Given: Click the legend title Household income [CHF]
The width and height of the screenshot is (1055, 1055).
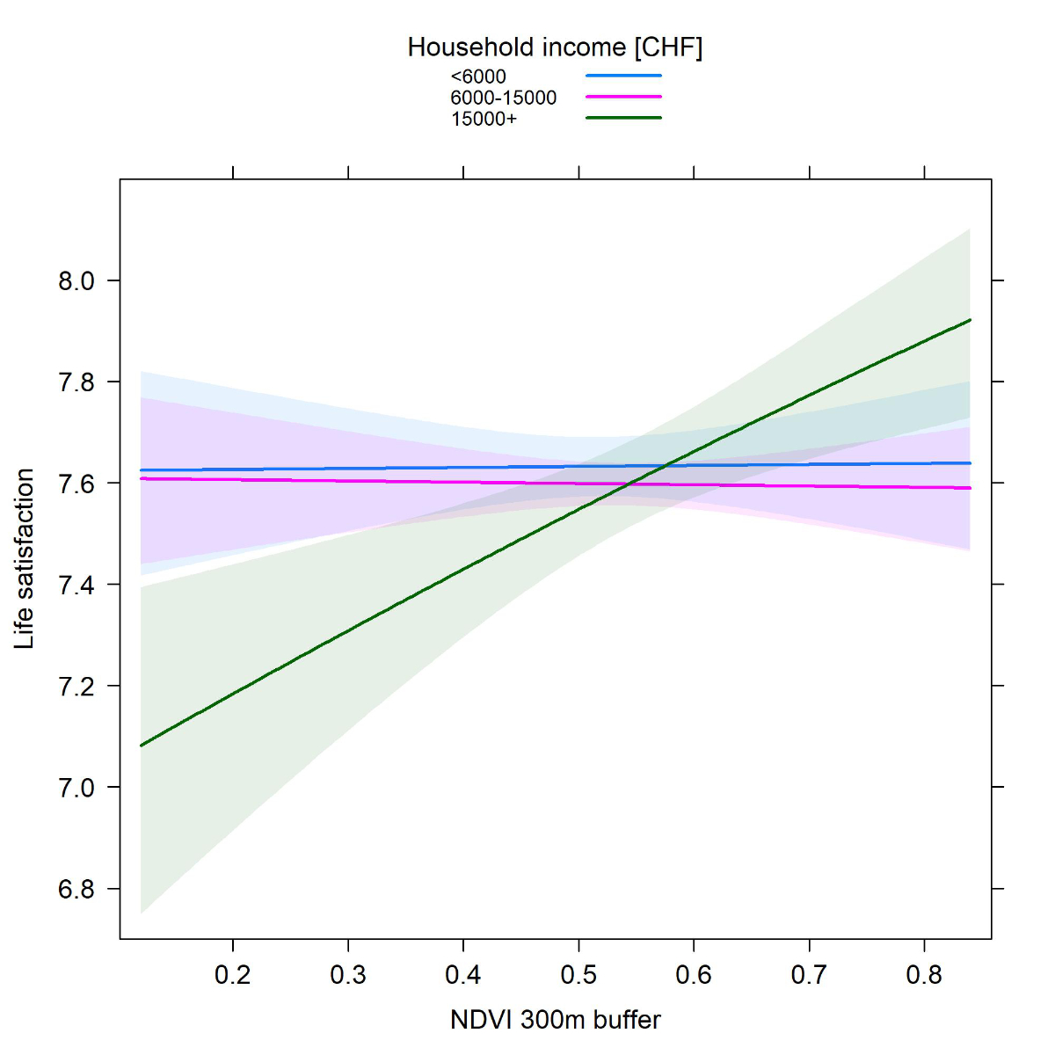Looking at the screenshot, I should pyautogui.click(x=555, y=47).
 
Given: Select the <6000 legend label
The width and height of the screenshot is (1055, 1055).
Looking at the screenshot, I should pyautogui.click(x=478, y=76).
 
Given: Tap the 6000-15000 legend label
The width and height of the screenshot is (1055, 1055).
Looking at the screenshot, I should pyautogui.click(x=504, y=98).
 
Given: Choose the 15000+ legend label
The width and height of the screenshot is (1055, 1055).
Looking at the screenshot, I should pyautogui.click(x=484, y=119).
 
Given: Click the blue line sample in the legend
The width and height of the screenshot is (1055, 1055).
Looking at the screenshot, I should pyautogui.click(x=623, y=76).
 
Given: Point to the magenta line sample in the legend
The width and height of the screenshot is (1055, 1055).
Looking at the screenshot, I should pyautogui.click(x=623, y=97).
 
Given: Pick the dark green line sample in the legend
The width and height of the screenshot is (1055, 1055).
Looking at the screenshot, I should pyautogui.click(x=623, y=118).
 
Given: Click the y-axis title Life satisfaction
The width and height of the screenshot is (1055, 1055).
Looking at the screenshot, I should pyautogui.click(x=25, y=559).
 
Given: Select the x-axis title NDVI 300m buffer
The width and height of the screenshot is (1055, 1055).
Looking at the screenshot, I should pyautogui.click(x=555, y=1020).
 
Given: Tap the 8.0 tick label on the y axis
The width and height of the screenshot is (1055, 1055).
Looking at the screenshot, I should pyautogui.click(x=76, y=281).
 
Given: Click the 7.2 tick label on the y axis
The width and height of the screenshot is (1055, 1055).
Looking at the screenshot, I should pyautogui.click(x=76, y=687).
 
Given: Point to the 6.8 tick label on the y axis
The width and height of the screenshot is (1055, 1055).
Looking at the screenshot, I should pyautogui.click(x=76, y=890).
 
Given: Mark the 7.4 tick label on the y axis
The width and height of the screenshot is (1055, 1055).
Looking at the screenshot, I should pyautogui.click(x=76, y=586).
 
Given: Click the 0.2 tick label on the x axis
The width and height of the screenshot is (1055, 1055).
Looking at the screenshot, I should pyautogui.click(x=233, y=975).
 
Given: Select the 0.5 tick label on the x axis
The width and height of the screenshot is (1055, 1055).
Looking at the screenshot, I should pyautogui.click(x=578, y=975).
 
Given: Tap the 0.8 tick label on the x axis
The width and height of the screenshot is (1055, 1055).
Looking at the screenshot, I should pyautogui.click(x=924, y=975).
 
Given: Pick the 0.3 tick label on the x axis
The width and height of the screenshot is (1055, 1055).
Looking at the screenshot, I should pyautogui.click(x=348, y=975).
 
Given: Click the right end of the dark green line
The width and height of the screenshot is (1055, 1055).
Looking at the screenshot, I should pyautogui.click(x=970, y=320).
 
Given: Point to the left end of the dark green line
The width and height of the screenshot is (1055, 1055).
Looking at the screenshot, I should pyautogui.click(x=141, y=746).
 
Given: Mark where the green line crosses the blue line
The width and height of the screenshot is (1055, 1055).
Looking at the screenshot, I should pyautogui.click(x=666, y=465).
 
